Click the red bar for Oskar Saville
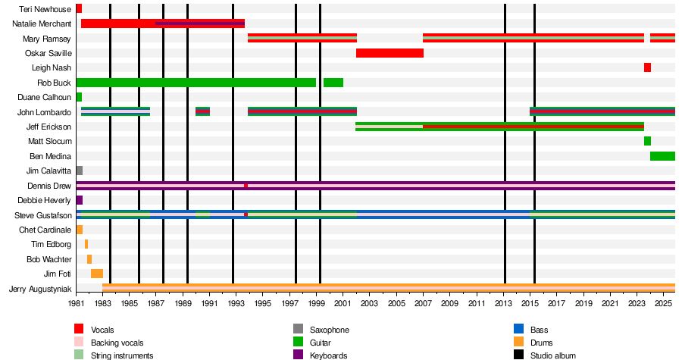coord(389,53)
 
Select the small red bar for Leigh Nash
coord(647,67)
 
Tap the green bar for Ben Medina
coord(662,156)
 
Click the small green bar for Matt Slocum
coord(647,141)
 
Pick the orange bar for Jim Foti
coord(97,274)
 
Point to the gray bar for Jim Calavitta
coord(80,171)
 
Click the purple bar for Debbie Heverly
coord(80,200)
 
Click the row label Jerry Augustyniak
coord(40,289)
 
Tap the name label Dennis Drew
coord(49,186)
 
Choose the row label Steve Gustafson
coord(43,215)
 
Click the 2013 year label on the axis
coord(505,303)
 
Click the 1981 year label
coord(77,303)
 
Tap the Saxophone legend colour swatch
coord(298,329)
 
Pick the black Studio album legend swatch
coord(518,355)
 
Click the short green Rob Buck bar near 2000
coord(333,83)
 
